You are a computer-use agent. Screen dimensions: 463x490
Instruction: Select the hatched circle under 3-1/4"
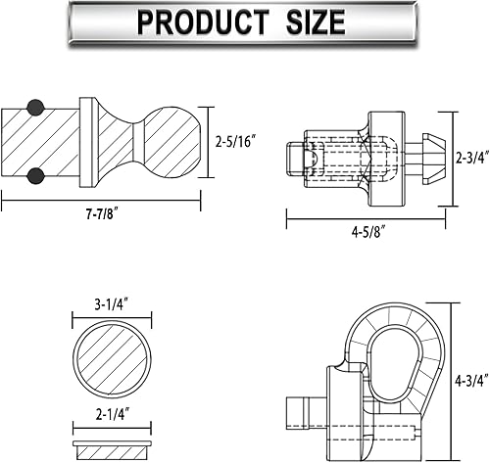(113, 358)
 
